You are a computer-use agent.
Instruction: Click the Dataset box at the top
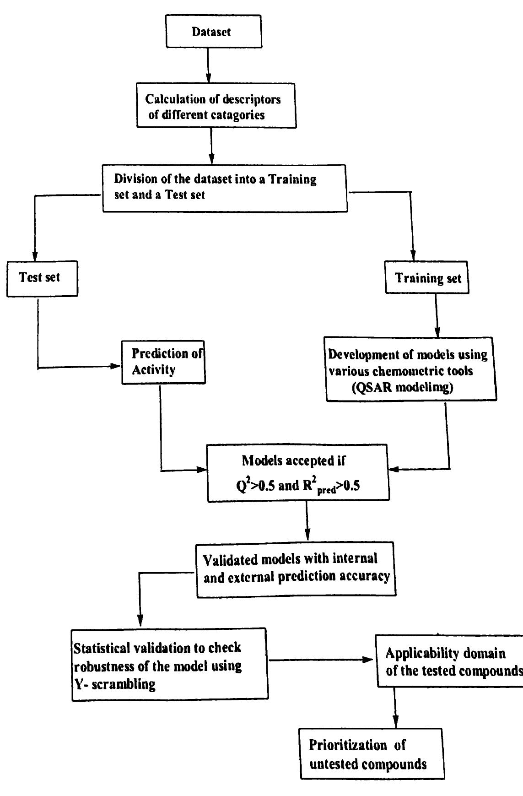213,31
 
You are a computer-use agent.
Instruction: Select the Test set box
42,278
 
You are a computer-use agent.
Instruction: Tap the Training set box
427,278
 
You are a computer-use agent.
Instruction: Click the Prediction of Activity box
163,362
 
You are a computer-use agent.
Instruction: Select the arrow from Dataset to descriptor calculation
208,65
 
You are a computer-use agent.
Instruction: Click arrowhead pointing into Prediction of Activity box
117,366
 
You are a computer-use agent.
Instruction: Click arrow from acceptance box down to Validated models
307,521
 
